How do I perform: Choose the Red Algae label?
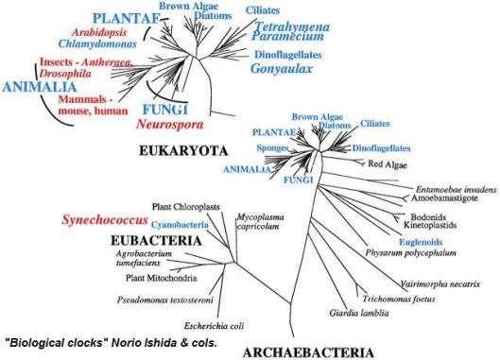pyautogui.click(x=388, y=165)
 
